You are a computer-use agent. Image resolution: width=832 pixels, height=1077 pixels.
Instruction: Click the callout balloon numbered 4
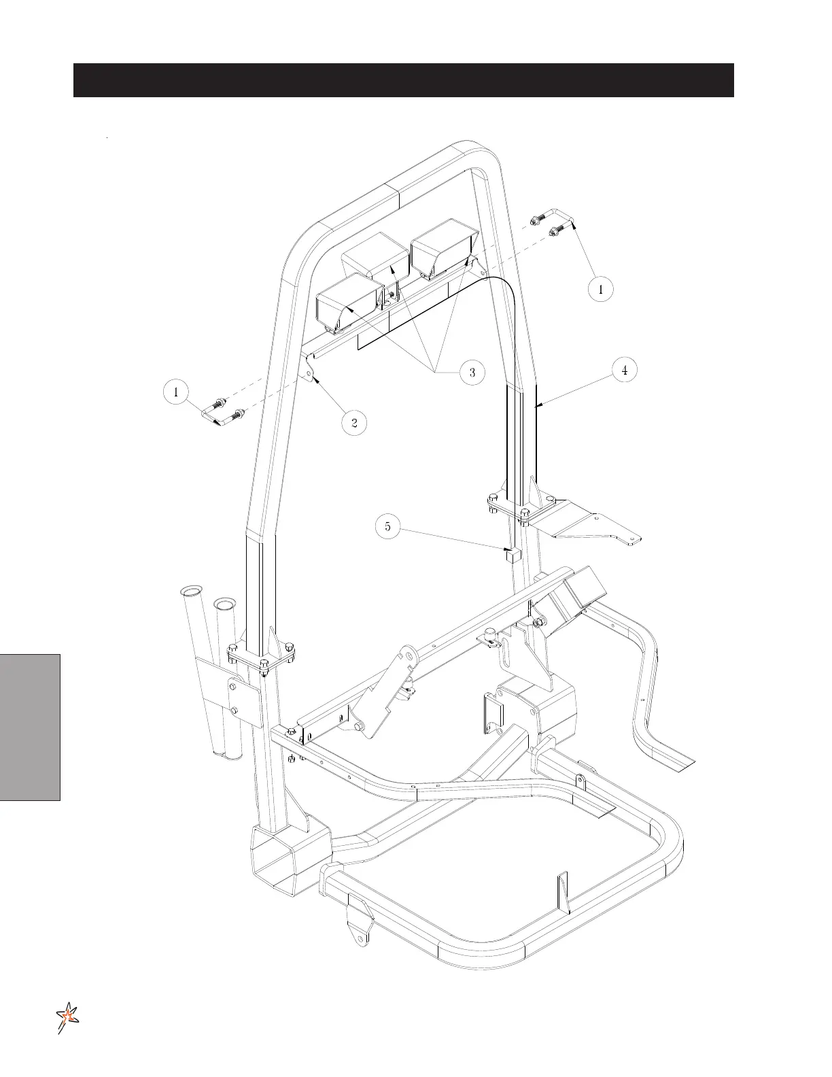point(624,370)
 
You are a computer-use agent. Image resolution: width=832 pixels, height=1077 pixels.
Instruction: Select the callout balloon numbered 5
point(387,526)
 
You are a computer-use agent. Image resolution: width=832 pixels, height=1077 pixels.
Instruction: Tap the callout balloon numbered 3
point(472,372)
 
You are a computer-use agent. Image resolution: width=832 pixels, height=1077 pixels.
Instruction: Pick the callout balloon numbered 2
point(354,423)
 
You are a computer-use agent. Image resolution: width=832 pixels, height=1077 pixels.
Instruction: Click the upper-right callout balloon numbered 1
point(600,288)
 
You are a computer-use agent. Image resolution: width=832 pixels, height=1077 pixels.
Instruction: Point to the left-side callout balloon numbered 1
point(176,392)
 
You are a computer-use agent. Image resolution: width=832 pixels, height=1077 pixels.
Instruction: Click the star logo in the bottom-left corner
point(68,1017)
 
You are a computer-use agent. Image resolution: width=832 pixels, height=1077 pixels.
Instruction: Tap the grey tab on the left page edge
point(30,727)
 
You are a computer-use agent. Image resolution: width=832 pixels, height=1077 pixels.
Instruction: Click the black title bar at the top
point(403,80)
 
